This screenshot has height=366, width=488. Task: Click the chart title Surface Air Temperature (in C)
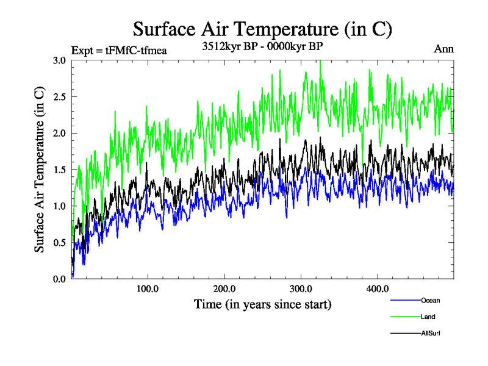click(x=262, y=29)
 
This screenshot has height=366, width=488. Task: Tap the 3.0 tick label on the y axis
click(x=60, y=60)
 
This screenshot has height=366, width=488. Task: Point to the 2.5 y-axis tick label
click(x=60, y=97)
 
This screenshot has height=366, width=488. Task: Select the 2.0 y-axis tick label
click(x=60, y=133)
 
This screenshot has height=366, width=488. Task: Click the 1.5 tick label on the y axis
click(x=60, y=170)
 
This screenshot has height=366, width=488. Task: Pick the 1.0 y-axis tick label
click(x=60, y=206)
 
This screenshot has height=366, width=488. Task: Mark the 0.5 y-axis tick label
click(x=60, y=243)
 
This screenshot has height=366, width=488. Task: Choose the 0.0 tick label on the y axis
click(x=60, y=279)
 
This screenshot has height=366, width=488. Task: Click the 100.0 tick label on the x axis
click(x=148, y=289)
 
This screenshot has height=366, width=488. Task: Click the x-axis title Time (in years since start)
click(x=262, y=303)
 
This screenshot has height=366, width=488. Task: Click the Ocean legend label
click(x=430, y=300)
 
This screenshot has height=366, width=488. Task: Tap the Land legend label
click(x=428, y=317)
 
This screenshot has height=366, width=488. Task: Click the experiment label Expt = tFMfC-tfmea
click(x=119, y=50)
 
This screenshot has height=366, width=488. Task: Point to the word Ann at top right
click(x=443, y=49)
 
